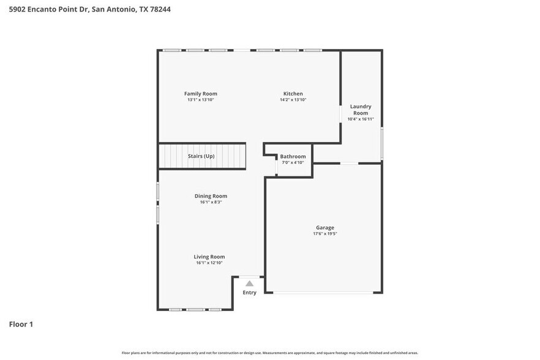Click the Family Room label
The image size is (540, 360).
point(201,94)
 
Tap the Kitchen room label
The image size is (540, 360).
point(293,94)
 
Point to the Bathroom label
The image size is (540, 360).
point(293,157)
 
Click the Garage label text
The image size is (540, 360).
point(325,228)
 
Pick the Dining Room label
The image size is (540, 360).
point(211,196)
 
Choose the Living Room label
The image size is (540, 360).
point(209,257)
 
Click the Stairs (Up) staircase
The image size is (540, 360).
point(202,156)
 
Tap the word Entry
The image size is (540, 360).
point(249,293)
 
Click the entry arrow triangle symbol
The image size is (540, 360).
point(249,283)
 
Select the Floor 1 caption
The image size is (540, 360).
point(21,324)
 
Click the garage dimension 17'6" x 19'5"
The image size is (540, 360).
point(325,234)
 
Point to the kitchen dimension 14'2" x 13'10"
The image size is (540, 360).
point(293,100)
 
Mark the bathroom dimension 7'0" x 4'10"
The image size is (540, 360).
point(293,163)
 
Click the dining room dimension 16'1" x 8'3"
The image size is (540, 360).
point(211,202)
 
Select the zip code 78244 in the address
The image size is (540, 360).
point(159,9)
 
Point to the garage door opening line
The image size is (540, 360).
point(323,293)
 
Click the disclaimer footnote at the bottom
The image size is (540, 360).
point(270,353)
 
